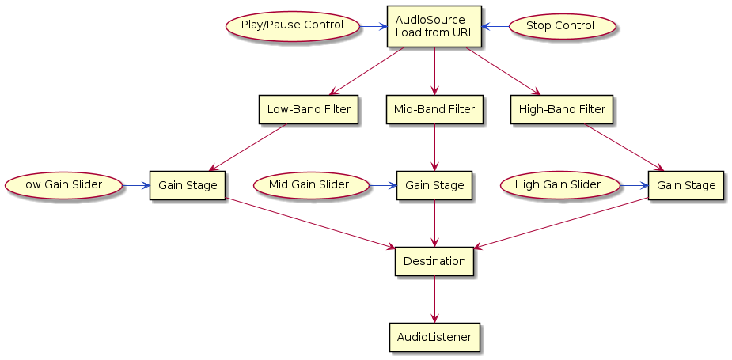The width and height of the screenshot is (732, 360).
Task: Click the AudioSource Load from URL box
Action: pyautogui.click(x=434, y=26)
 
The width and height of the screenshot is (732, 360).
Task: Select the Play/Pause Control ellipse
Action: pyautogui.click(x=292, y=26)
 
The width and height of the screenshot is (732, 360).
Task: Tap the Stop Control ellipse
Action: pyautogui.click(x=560, y=26)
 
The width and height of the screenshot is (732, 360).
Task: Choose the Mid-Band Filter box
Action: pyautogui.click(x=434, y=110)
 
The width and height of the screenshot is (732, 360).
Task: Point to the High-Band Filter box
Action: pyautogui.click(x=562, y=110)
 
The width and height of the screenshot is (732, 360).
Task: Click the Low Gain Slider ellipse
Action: pyautogui.click(x=64, y=185)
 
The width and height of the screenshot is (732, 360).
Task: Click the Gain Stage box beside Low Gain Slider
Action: pyautogui.click(x=188, y=185)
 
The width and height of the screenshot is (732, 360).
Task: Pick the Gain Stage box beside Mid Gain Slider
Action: pyautogui.click(x=434, y=185)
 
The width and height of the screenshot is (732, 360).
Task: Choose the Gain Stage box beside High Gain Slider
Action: pyautogui.click(x=685, y=185)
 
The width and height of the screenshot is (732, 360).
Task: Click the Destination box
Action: pyautogui.click(x=434, y=261)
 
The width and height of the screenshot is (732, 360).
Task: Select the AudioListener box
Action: pyautogui.click(x=434, y=337)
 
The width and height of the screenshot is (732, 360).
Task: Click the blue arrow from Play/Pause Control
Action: pyautogui.click(x=372, y=26)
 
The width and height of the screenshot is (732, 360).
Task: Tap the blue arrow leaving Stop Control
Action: pyautogui.click(x=496, y=26)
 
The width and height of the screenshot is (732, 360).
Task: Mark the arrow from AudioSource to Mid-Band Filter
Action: pyautogui.click(x=434, y=72)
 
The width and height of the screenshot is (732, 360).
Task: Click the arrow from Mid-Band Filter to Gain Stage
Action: pyautogui.click(x=434, y=147)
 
